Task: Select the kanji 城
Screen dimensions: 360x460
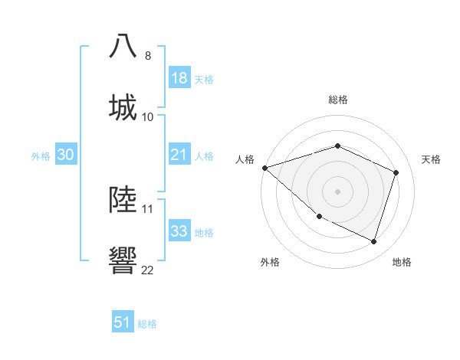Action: tap(123, 107)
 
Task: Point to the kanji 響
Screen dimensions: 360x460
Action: tap(123, 260)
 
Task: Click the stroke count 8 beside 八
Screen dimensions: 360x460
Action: tap(147, 56)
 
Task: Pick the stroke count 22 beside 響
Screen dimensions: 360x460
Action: tap(147, 270)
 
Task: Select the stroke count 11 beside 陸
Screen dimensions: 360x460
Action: tap(147, 208)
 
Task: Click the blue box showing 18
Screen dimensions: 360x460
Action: tap(179, 78)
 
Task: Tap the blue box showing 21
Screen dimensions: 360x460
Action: tap(179, 155)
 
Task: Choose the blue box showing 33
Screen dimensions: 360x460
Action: tap(179, 231)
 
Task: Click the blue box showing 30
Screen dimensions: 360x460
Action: tap(66, 155)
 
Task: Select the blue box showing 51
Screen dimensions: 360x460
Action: tap(123, 322)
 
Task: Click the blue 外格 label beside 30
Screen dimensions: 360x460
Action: tap(41, 155)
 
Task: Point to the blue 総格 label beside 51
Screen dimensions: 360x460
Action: tap(147, 324)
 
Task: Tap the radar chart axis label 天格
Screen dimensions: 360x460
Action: tap(432, 159)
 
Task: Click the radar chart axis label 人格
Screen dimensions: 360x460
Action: tap(245, 159)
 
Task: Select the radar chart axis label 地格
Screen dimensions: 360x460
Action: tap(402, 262)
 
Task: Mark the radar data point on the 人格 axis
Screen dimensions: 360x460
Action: tap(264, 168)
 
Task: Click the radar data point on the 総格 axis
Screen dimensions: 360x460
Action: tap(337, 146)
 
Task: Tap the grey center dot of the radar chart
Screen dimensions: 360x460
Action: tap(337, 191)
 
